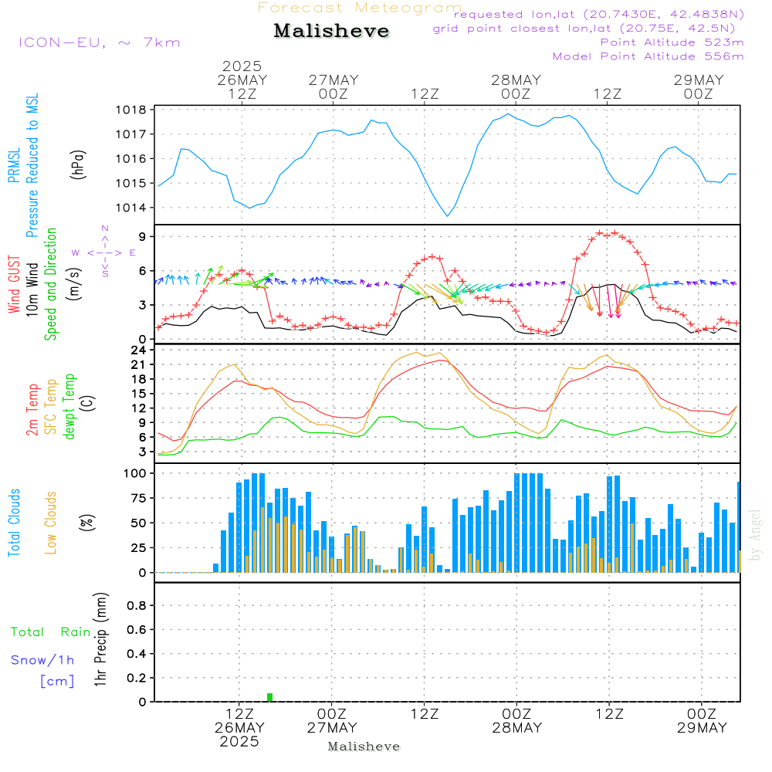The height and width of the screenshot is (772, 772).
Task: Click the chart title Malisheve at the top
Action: pyautogui.click(x=331, y=31)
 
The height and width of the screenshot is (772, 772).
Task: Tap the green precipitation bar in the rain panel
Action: pyautogui.click(x=269, y=697)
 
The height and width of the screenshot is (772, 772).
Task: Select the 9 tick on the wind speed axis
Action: pyautogui.click(x=143, y=236)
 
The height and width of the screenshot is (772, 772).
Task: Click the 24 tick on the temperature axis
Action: pyautogui.click(x=139, y=350)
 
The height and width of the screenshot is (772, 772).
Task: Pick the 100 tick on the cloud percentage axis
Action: pyautogui.click(x=136, y=472)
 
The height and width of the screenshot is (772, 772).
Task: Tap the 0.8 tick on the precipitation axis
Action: pyautogui.click(x=137, y=606)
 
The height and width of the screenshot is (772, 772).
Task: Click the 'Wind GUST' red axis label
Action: pyautogui.click(x=15, y=286)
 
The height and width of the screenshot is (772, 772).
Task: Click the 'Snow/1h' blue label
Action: pyautogui.click(x=43, y=660)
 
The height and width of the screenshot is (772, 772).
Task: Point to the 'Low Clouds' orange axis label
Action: pyautogui.click(x=51, y=521)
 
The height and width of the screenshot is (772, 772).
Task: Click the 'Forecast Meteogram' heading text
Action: pyautogui.click(x=360, y=8)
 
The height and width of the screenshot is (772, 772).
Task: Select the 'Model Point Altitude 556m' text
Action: pyautogui.click(x=648, y=56)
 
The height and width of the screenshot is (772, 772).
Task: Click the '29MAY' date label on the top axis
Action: pyautogui.click(x=698, y=80)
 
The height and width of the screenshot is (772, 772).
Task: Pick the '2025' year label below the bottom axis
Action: pyautogui.click(x=239, y=742)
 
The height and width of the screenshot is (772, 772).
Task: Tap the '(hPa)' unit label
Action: pyautogui.click(x=78, y=164)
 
